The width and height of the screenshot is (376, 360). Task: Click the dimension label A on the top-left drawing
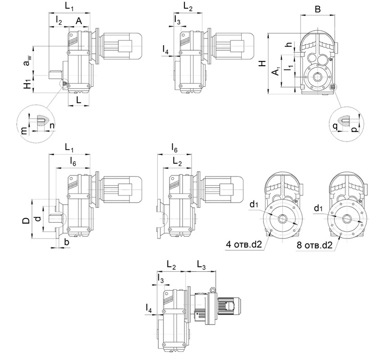79,20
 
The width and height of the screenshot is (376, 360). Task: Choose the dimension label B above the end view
318,9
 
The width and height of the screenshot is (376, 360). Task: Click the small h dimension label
289,45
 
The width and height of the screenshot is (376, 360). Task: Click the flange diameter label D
25,221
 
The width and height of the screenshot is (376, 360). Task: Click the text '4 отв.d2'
244,245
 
